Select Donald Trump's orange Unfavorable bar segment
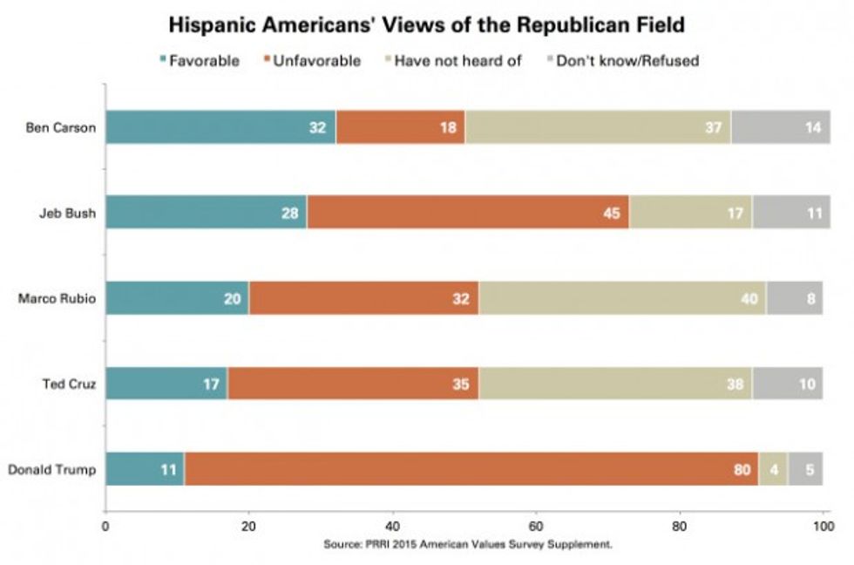471,471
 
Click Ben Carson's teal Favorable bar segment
220,127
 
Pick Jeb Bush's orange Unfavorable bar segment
467,214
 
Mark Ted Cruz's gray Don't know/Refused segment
787,385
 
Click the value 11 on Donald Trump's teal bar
166,471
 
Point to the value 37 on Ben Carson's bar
711,127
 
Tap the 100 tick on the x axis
822,527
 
